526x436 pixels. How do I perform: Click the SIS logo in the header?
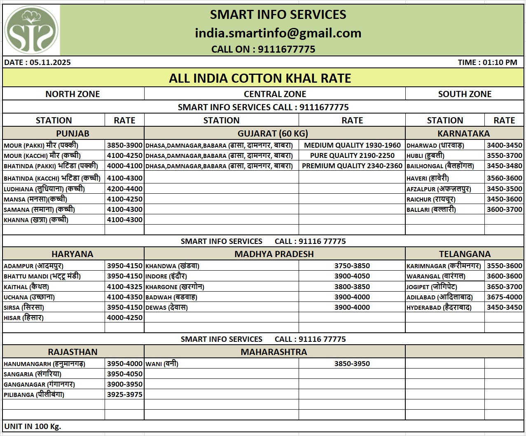point(31,30)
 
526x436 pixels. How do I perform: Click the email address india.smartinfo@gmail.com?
point(278,33)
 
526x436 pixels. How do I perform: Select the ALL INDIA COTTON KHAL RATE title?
point(260,78)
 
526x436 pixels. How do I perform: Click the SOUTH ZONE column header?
point(465,94)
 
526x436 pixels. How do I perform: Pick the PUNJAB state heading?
point(72,133)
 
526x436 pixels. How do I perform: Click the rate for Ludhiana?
point(124,189)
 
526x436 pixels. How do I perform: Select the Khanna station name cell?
point(36,220)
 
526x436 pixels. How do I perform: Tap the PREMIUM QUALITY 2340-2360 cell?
point(352,166)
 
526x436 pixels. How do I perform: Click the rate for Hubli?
point(504,155)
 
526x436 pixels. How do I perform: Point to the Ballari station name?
point(431,209)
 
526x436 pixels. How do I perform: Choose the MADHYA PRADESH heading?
point(274,254)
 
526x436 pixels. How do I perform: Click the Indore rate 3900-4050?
point(352,276)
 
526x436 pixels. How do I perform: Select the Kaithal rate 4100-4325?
point(124,287)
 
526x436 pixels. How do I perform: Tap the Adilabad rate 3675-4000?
point(504,297)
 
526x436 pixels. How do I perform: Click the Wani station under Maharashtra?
point(162,364)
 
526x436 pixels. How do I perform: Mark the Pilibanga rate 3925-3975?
point(124,394)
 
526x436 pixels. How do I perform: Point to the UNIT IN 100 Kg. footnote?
point(33,426)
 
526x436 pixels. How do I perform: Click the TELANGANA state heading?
point(465,254)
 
